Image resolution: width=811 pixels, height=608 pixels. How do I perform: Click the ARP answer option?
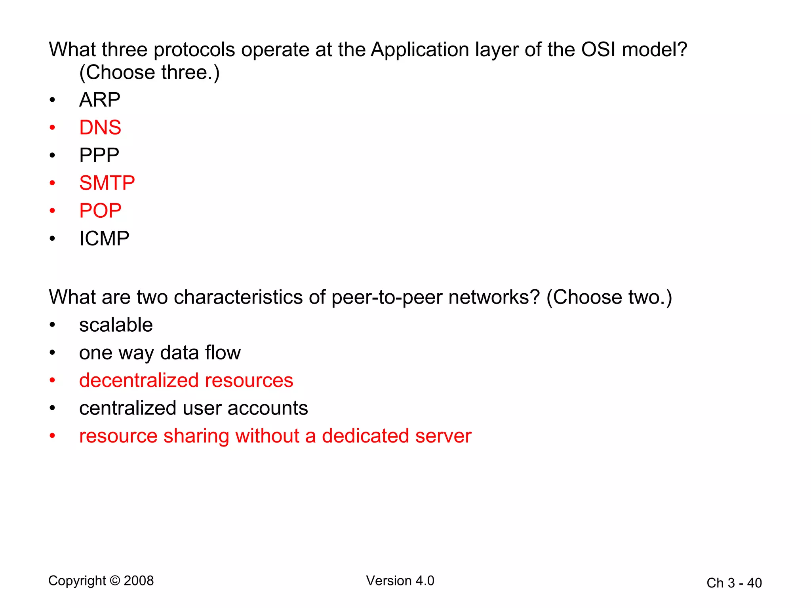click(x=99, y=100)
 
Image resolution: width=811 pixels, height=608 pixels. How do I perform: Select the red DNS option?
click(x=100, y=127)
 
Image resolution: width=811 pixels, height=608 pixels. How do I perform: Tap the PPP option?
click(x=99, y=155)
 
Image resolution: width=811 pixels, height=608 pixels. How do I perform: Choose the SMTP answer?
click(x=107, y=183)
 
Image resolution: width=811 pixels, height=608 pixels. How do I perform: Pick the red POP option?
click(x=100, y=211)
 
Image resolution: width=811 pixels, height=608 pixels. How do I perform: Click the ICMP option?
click(x=104, y=238)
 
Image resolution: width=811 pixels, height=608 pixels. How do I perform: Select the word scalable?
click(x=116, y=325)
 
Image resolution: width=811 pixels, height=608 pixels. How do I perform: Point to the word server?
click(x=444, y=436)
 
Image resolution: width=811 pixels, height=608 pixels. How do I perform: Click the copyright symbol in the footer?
click(x=115, y=581)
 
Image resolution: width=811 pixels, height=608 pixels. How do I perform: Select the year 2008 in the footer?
click(x=139, y=581)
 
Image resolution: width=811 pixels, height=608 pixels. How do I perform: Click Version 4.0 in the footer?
click(x=400, y=581)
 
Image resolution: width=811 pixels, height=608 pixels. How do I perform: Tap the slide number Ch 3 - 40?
click(x=734, y=583)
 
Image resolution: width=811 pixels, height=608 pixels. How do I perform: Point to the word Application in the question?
click(x=420, y=50)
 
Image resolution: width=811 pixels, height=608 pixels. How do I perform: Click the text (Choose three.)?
click(x=149, y=72)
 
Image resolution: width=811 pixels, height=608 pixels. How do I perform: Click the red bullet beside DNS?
click(x=52, y=127)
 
